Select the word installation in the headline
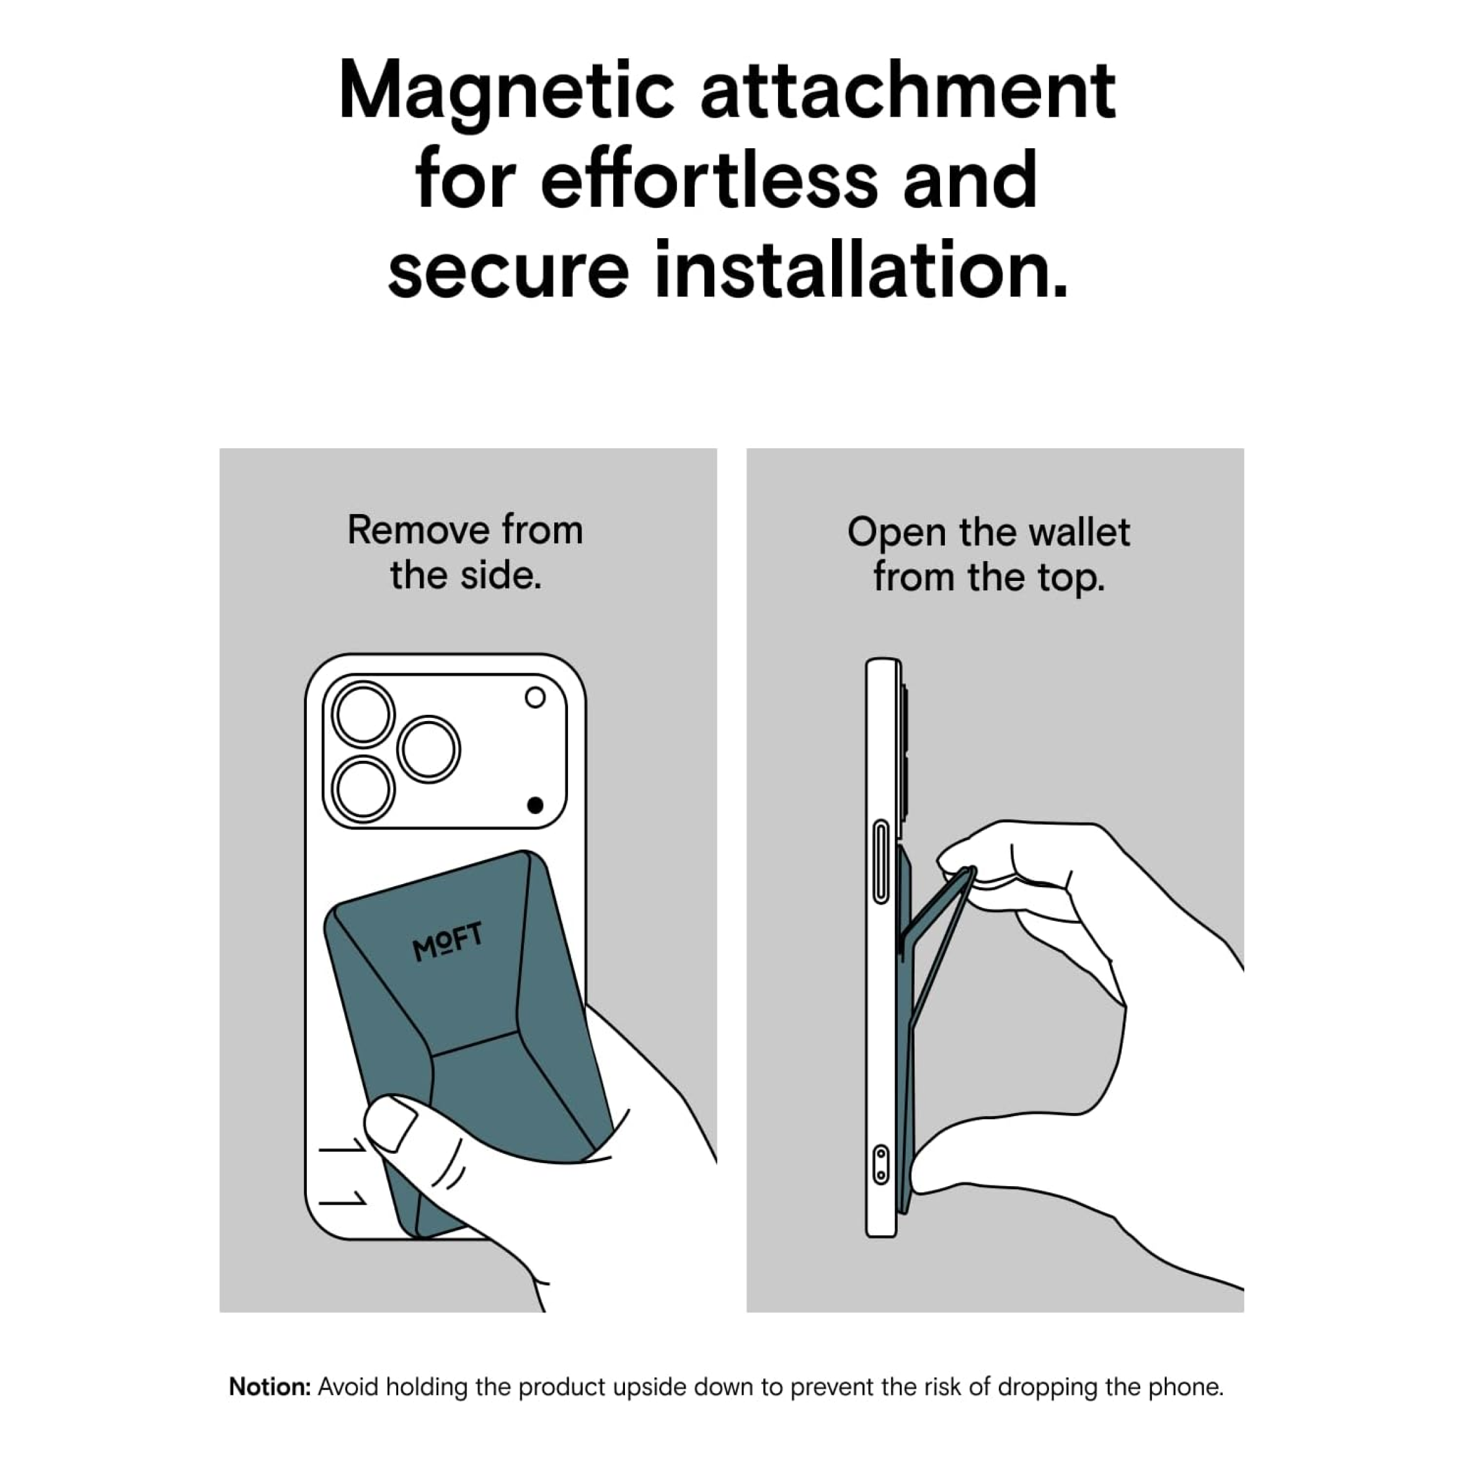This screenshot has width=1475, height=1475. tap(861, 270)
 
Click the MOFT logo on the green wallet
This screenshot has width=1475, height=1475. tap(448, 941)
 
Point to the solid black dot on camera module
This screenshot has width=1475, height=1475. tap(535, 805)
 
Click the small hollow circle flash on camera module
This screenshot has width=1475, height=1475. tap(535, 697)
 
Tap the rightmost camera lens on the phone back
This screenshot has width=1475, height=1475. tap(429, 750)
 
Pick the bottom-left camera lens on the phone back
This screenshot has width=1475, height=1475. tap(363, 789)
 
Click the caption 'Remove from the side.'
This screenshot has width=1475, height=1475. tap(466, 553)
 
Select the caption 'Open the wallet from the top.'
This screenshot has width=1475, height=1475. tap(989, 554)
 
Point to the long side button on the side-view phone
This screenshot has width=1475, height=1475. tap(880, 862)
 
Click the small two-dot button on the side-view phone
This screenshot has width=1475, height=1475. tap(880, 1164)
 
